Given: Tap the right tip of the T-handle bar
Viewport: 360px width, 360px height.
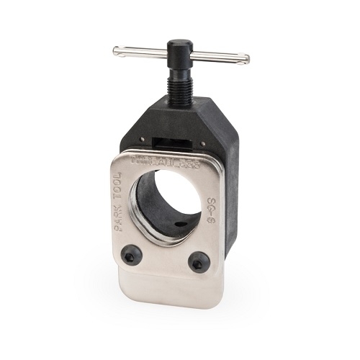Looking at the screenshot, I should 248,58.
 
